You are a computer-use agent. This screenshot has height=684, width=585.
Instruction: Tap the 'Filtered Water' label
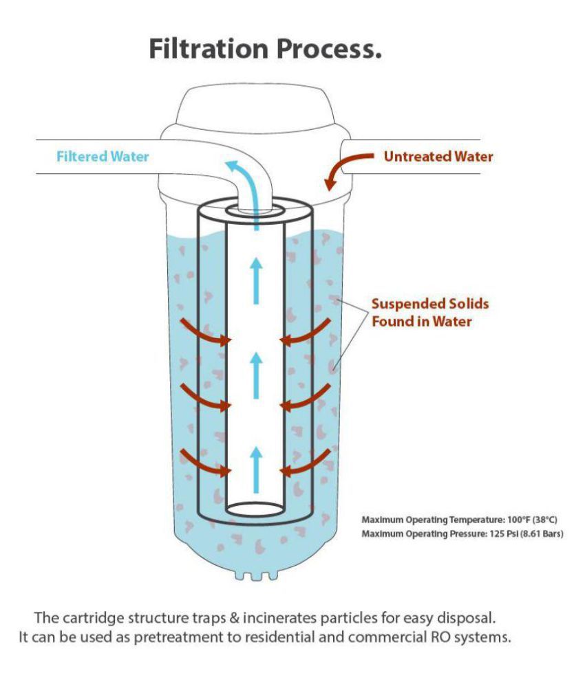pyautogui.click(x=103, y=157)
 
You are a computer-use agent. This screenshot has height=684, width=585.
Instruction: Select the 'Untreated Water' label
pyautogui.click(x=438, y=157)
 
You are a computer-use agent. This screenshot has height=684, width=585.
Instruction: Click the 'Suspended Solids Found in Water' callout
pyautogui.click(x=421, y=311)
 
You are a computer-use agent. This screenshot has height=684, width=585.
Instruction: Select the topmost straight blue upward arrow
pyautogui.click(x=256, y=279)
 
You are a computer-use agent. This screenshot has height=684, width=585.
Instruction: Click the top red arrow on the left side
pyautogui.click(x=206, y=333)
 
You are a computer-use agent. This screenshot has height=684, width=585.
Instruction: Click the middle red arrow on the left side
pyautogui.click(x=206, y=399)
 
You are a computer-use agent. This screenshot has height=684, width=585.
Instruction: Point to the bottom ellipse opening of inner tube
pyautogui.click(x=255, y=509)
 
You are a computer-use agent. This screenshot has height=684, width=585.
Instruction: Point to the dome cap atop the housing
pyautogui.click(x=255, y=110)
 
